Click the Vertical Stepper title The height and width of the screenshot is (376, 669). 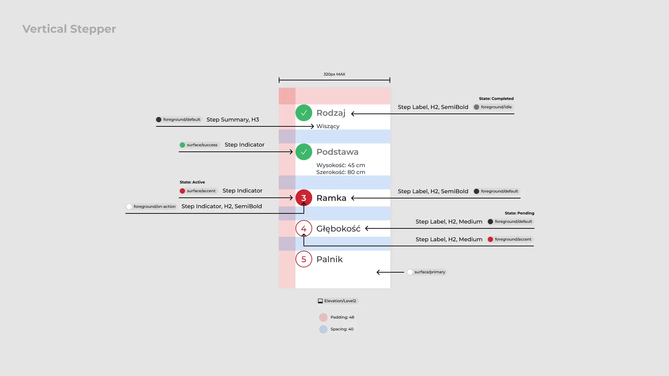click(x=69, y=29)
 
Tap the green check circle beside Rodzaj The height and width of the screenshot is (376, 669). click(x=304, y=113)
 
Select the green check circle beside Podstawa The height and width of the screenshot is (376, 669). click(x=304, y=152)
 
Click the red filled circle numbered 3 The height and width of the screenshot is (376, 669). click(x=304, y=198)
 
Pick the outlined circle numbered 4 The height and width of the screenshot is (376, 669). click(x=304, y=229)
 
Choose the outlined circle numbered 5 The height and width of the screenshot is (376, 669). click(x=304, y=259)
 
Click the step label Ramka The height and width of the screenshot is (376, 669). click(x=331, y=198)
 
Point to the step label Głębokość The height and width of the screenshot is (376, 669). click(x=338, y=229)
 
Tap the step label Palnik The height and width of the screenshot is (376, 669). click(x=329, y=259)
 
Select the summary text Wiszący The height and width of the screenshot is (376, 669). click(x=328, y=126)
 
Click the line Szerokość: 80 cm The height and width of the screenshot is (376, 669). click(x=340, y=172)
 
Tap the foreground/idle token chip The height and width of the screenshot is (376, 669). click(x=493, y=107)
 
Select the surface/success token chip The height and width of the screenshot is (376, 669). click(x=199, y=145)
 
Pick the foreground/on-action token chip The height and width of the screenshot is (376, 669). click(x=152, y=206)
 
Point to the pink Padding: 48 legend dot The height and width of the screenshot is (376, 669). click(x=323, y=318)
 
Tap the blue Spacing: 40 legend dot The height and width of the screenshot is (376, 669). click(x=323, y=329)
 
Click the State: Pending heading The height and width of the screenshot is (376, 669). click(x=519, y=213)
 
